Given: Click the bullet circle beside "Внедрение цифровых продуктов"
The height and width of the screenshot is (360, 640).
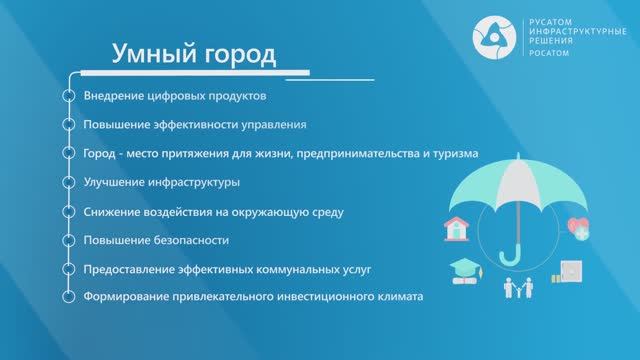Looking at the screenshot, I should [x=68, y=96].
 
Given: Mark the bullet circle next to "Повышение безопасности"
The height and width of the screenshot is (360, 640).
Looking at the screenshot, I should [x=68, y=240].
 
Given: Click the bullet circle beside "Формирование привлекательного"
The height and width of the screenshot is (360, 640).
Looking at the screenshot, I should [x=68, y=297].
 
